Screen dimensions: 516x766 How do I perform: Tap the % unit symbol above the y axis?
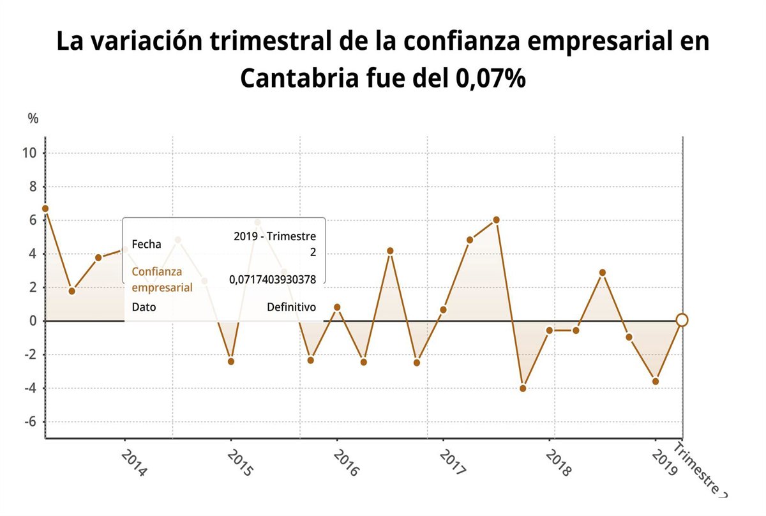(x=33, y=118)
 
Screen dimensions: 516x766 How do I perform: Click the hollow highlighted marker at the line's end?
(x=682, y=320)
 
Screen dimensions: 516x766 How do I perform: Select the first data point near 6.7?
(x=45, y=208)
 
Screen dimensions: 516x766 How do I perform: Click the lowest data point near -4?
(x=523, y=388)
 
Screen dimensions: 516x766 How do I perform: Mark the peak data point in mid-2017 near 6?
(x=496, y=220)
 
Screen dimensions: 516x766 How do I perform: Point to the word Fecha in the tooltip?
(x=146, y=244)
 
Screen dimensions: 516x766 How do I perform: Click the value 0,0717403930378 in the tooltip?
(x=273, y=280)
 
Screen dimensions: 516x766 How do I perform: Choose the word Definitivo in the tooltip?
(x=291, y=307)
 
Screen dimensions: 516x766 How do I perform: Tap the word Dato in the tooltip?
(x=144, y=307)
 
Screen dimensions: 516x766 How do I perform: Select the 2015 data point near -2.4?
(x=230, y=361)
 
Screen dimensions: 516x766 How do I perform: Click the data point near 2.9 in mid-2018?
(x=602, y=273)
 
